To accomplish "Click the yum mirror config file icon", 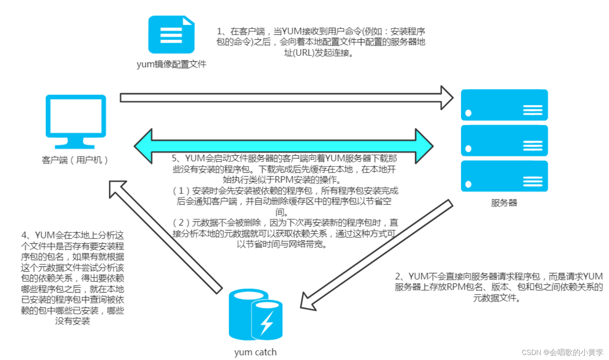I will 171,35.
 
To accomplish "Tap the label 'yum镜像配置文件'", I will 171,64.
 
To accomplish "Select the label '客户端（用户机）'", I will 75,160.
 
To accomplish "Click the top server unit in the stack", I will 504,105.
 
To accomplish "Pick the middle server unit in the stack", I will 504,141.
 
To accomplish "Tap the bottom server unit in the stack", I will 504,176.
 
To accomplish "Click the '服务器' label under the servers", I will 504,203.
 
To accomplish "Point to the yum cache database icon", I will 255,314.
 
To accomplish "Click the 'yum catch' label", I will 255,352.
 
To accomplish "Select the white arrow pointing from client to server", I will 285,98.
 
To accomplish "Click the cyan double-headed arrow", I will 283,146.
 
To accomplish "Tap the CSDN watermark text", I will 562,352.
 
